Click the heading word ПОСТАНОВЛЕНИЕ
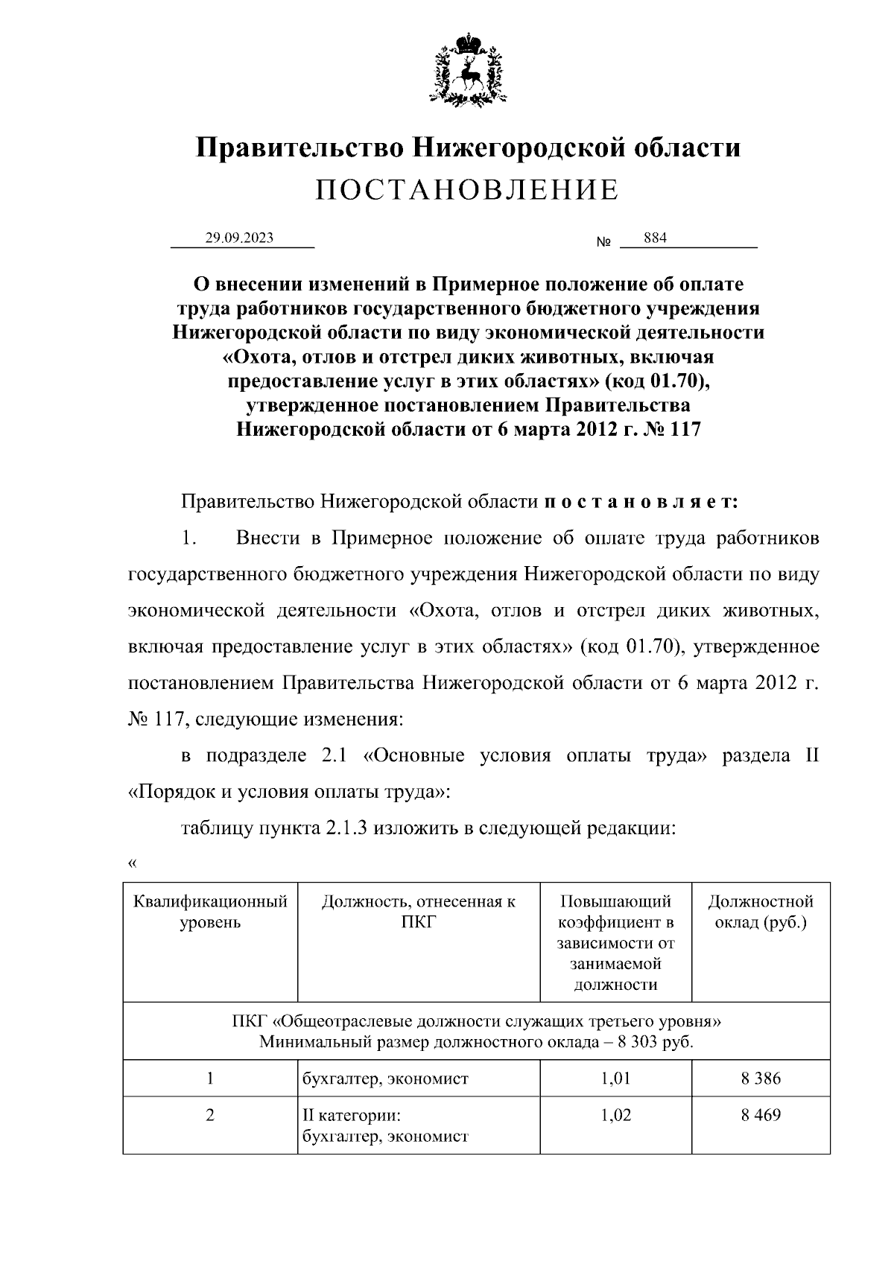(x=467, y=191)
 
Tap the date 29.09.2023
(x=240, y=238)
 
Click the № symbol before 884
(x=603, y=243)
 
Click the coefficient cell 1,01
(x=615, y=1078)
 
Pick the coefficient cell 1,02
(x=615, y=1115)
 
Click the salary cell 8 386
(x=761, y=1078)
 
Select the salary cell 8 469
(x=761, y=1115)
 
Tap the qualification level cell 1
(x=210, y=1078)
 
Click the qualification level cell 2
(x=210, y=1115)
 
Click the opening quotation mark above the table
(x=133, y=863)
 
